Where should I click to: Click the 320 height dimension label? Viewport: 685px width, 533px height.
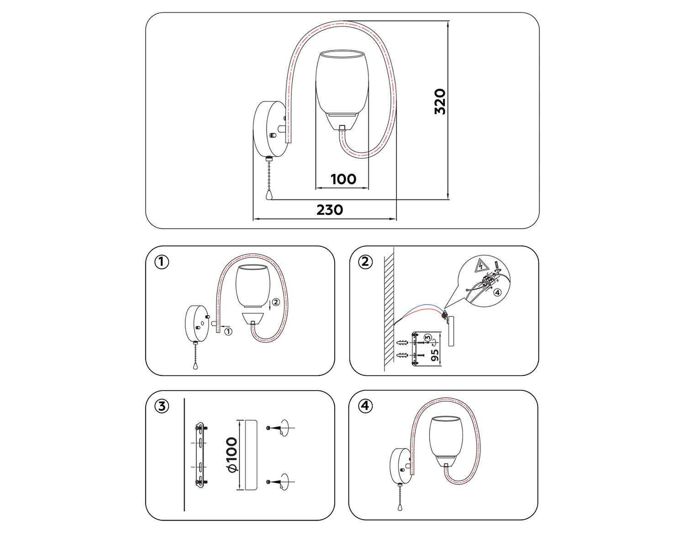[x=440, y=101]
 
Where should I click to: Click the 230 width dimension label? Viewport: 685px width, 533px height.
[x=330, y=210]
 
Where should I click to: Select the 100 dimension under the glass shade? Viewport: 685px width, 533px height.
[x=343, y=179]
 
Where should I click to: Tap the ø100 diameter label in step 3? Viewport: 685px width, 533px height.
[x=232, y=455]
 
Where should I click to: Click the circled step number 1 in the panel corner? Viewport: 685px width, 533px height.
[x=162, y=262]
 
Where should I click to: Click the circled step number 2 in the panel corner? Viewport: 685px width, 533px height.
[x=365, y=262]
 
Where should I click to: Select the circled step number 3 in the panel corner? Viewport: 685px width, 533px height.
[x=162, y=406]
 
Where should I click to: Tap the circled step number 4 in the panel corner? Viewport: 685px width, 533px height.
[x=365, y=406]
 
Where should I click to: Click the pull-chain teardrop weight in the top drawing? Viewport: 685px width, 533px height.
[x=269, y=195]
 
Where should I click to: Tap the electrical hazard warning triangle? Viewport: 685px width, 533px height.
[x=481, y=265]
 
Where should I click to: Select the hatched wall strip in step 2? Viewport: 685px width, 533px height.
[x=389, y=311]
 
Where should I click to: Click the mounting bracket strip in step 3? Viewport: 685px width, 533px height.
[x=200, y=455]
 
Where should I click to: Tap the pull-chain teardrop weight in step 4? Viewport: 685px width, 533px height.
[x=400, y=507]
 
